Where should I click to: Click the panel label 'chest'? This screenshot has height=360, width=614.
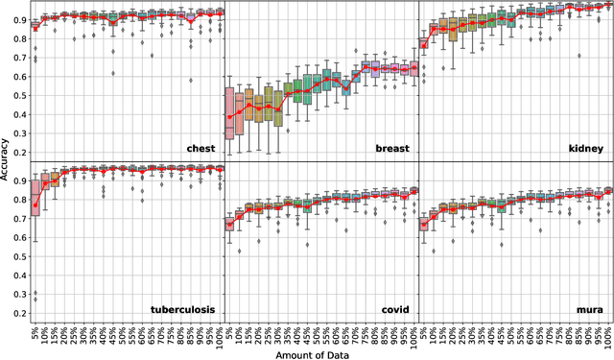point(201,149)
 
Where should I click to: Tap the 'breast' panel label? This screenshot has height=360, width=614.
point(393,149)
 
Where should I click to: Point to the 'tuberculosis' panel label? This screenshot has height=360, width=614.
point(182,309)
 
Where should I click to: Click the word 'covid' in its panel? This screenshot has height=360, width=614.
point(395,309)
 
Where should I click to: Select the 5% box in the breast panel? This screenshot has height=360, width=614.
point(229,113)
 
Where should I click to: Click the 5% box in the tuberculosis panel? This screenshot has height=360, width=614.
point(35,197)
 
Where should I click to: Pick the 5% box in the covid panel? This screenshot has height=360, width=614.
point(229,223)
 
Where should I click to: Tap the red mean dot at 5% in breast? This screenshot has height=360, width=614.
point(229,118)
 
